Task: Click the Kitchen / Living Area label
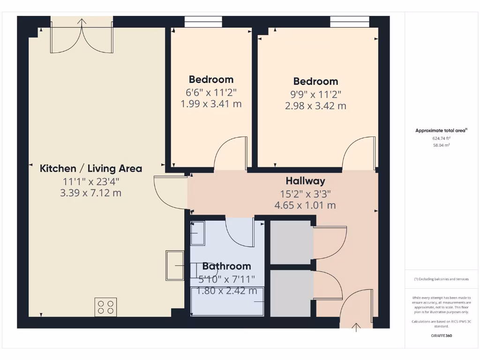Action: pos(91,168)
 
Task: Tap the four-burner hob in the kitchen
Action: pos(105,307)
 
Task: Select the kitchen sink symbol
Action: pos(175,265)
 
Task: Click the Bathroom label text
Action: pos(226,266)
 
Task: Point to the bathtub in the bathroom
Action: pos(227,301)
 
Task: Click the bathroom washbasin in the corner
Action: pos(197,233)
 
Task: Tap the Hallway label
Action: pos(305,181)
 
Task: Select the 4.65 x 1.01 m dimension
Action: pos(305,205)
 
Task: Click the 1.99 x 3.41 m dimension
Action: pos(211,104)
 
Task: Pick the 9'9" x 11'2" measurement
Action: pos(315,94)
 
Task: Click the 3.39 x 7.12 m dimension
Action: pos(91,193)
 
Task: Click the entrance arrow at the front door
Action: pos(356,327)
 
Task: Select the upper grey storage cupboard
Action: pos(291,242)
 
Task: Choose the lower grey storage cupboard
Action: pos(291,293)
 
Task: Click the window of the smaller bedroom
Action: pos(203,22)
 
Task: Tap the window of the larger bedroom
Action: pos(349,22)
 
